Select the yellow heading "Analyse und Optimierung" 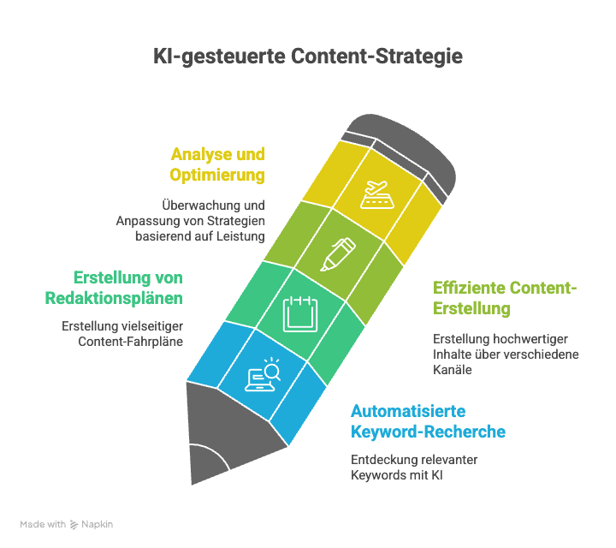pyautogui.click(x=217, y=164)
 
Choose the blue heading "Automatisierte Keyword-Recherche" pyautogui.click(x=428, y=420)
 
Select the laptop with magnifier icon pyautogui.click(x=264, y=375)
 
